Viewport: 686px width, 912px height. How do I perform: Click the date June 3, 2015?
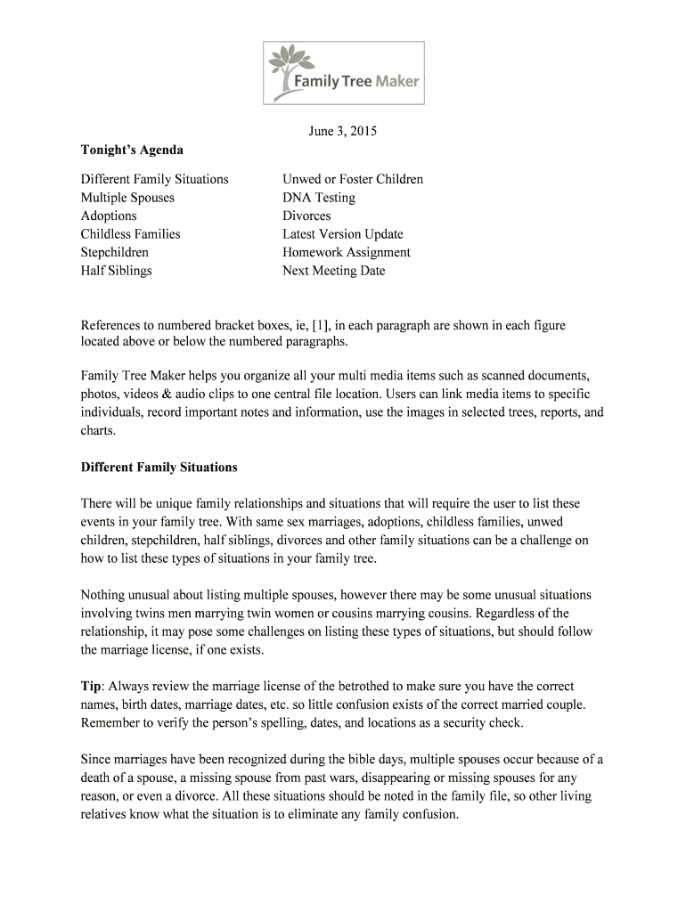343,132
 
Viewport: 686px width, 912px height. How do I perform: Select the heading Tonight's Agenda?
132,151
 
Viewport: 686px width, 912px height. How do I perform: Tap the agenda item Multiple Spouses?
127,198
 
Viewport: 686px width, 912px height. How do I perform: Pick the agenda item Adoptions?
109,216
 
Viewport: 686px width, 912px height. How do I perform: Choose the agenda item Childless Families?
130,234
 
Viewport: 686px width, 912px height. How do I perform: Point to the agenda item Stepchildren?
115,252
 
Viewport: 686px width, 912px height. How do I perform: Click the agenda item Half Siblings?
116,271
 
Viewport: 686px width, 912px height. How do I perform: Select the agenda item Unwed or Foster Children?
353,179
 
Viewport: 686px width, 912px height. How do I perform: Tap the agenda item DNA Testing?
319,198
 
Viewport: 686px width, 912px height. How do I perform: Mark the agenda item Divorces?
306,216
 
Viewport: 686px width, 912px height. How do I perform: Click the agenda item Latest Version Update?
343,234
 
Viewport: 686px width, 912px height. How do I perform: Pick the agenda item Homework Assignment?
347,252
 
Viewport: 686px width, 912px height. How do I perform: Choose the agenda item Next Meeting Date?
334,271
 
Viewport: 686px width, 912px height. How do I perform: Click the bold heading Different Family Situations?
159,468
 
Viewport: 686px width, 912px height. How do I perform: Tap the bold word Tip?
92,687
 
